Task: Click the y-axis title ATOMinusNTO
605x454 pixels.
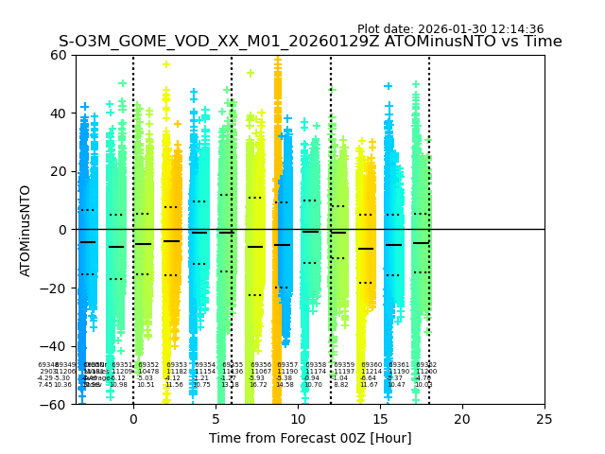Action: coord(26,230)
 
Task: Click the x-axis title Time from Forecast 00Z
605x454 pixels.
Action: coord(310,438)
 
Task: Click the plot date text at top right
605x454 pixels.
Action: coord(450,29)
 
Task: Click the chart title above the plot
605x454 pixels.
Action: coord(310,42)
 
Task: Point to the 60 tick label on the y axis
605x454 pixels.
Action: coord(58,55)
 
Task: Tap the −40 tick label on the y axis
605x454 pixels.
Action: coord(54,346)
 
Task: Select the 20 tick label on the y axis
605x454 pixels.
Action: coord(58,171)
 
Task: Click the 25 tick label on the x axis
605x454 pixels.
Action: coord(544,418)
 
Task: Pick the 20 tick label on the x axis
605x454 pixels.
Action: coord(462,418)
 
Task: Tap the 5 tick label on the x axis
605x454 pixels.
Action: coord(216,418)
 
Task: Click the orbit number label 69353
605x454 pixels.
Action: coord(177,365)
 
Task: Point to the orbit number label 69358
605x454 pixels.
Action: coord(316,365)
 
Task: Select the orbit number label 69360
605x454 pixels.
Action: coord(372,365)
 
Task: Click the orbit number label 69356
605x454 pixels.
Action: coord(261,365)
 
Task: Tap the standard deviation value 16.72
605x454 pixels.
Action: coord(258,385)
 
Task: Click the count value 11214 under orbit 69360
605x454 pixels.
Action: coord(372,372)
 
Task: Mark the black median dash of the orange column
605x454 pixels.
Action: coord(366,249)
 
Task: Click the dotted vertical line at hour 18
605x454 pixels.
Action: coord(429,189)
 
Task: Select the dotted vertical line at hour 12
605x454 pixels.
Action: coord(331,189)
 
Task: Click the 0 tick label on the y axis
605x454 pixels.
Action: coord(62,230)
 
